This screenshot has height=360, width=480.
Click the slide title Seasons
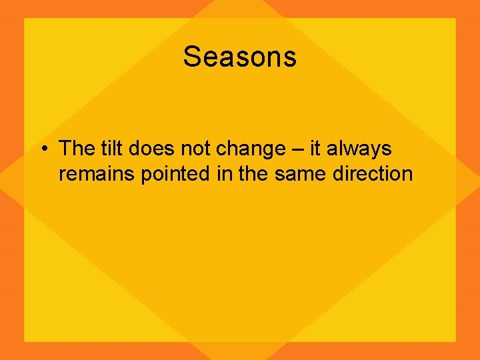pyautogui.click(x=240, y=57)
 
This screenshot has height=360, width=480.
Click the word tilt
pyautogui.click(x=114, y=149)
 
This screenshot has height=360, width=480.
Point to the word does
pyautogui.click(x=155, y=149)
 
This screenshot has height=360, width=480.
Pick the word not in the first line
pyautogui.click(x=196, y=149)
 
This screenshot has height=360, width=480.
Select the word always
pyautogui.click(x=359, y=150)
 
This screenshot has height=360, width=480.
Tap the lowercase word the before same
pyautogui.click(x=251, y=175)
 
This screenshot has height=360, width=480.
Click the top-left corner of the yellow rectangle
pyautogui.click(x=25, y=19)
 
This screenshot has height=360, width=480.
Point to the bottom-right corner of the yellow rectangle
pyautogui.click(x=455, y=341)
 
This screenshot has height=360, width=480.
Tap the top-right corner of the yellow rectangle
pyautogui.click(x=455, y=19)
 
